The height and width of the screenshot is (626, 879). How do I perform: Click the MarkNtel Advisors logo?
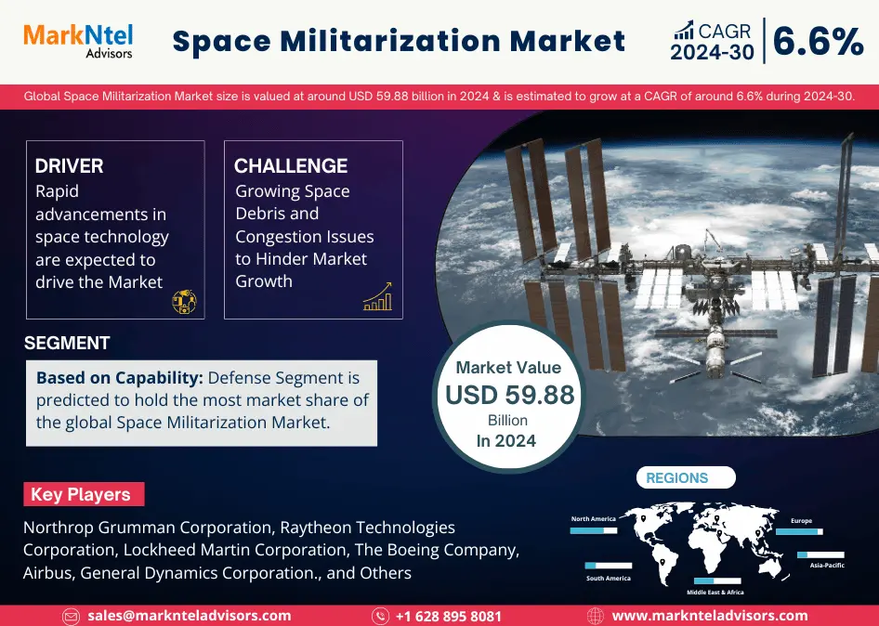pos(78,40)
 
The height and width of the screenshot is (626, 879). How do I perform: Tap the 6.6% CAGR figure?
pos(818,42)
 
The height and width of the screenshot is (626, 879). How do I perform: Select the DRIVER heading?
pos(69,166)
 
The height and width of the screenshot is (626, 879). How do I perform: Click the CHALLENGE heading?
pos(291,166)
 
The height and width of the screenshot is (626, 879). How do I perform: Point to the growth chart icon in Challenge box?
pos(377,296)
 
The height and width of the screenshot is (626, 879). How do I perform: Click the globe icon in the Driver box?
pos(184,301)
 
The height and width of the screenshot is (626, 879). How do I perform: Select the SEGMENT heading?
pos(67,343)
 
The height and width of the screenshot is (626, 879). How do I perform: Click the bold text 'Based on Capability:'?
pos(120,378)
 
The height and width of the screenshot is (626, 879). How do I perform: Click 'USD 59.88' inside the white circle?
pos(509,395)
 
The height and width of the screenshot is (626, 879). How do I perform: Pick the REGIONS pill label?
pos(677,478)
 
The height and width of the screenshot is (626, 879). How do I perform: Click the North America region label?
pos(593,519)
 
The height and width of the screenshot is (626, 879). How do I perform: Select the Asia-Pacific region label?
pos(826,566)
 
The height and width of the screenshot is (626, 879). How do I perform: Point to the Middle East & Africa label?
pos(715,592)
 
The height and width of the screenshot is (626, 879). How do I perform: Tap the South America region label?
pos(608,579)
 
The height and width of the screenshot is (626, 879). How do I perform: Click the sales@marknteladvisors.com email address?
pos(189,616)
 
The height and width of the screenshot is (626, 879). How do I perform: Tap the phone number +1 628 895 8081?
pos(449,616)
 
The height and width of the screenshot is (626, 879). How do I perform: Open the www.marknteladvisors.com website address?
pos(709,616)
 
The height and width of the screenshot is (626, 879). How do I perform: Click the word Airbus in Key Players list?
pos(48,573)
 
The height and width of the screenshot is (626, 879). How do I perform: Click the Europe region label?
pos(801,521)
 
